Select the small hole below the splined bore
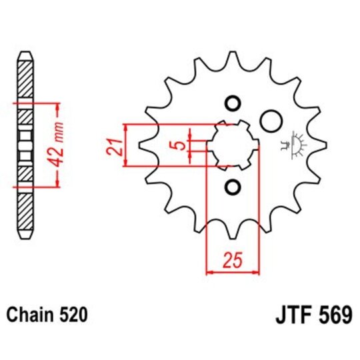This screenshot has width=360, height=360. click(x=232, y=186)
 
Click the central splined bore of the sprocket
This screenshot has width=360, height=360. click(x=230, y=145)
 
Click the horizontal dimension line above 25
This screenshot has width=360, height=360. click(x=232, y=272)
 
